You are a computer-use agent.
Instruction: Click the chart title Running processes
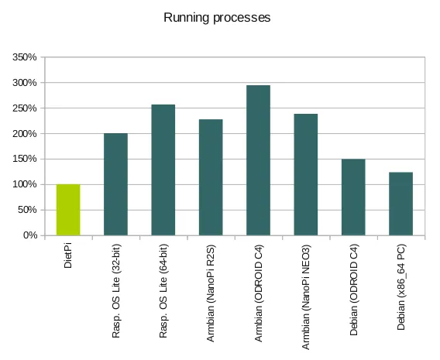pos(217,18)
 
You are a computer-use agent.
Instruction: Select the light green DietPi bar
pos(68,210)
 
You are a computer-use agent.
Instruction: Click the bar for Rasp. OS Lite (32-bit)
pos(115,184)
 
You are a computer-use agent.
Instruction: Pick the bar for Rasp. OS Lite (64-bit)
pos(163,170)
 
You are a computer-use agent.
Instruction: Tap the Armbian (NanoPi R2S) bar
pos(211,177)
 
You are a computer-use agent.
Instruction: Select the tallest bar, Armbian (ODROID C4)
pos(258,160)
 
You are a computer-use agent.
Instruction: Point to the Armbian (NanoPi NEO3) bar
pos(306,174)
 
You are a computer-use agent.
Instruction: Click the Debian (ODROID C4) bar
pos(353,197)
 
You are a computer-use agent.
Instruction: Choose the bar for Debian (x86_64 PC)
pos(400,204)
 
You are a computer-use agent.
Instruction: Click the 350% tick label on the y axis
pos(25,57)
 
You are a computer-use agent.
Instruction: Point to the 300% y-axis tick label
pos(25,83)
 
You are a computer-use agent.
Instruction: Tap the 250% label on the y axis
pos(25,108)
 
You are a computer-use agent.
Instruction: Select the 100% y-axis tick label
pos(25,184)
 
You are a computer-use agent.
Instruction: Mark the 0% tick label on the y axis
pos(29,235)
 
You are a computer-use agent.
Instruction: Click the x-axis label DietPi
pos(68,256)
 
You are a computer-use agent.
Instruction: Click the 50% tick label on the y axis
pos(27,210)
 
